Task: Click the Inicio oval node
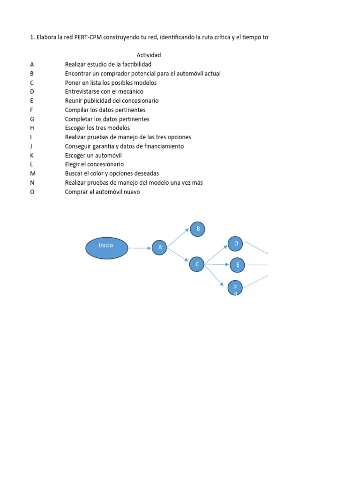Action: [x=106, y=248]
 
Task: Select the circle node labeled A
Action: [x=159, y=247]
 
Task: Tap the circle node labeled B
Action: [x=197, y=229]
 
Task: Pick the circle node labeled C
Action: [x=197, y=264]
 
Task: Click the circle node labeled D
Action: [x=235, y=244]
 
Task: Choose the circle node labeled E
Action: [x=237, y=265]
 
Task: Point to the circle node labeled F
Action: [x=235, y=287]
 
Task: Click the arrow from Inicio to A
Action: [x=140, y=248]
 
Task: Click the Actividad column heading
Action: [x=149, y=55]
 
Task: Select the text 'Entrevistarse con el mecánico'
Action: [x=104, y=91]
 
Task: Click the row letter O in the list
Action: [x=32, y=192]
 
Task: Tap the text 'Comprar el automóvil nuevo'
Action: [x=102, y=192]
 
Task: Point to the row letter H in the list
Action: [x=32, y=128]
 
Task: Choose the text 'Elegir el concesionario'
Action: [x=94, y=165]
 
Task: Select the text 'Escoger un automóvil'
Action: [x=93, y=155]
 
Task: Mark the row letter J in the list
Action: [x=31, y=146]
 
